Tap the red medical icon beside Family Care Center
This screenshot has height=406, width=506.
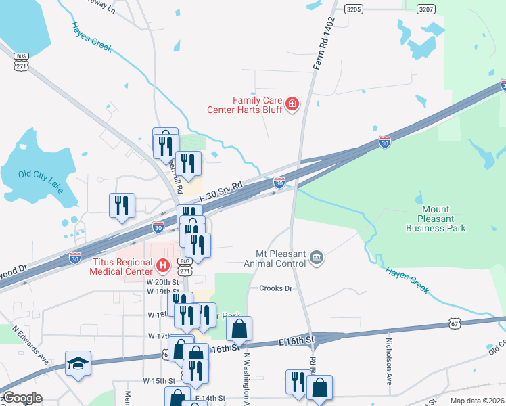click(292, 104)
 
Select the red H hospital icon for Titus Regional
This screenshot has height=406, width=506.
click(162, 265)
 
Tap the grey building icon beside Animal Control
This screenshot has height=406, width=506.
click(316, 257)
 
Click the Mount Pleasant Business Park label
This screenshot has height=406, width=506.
click(436, 219)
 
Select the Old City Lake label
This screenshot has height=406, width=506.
click(41, 179)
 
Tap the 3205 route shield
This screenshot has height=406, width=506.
click(353, 9)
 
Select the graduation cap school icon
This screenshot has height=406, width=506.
click(77, 362)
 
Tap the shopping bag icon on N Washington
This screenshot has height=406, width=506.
click(239, 329)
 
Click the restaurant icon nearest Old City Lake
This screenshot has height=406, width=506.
click(122, 205)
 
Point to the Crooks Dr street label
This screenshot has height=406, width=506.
click(275, 288)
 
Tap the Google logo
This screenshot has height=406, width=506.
click(22, 398)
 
